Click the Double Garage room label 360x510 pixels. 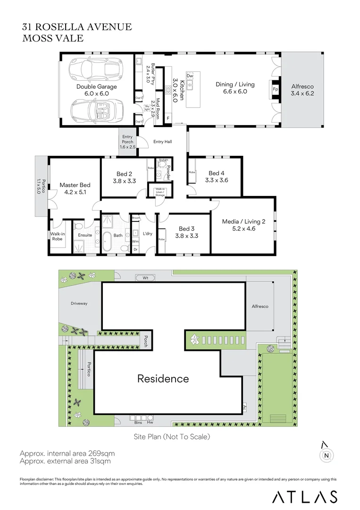tap(97, 87)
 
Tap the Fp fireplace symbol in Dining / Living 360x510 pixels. tap(275, 89)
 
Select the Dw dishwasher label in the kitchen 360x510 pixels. tap(190, 76)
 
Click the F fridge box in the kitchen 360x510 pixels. tap(168, 118)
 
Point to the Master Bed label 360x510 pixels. tap(75, 185)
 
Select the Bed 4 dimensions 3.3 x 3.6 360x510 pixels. tap(217, 180)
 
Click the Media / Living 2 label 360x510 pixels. tap(244, 221)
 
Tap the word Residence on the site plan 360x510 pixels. tap(163, 378)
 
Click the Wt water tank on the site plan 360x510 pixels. tap(146, 278)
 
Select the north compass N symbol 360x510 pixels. tap(326, 455)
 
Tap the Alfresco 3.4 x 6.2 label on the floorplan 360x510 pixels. tap(302, 90)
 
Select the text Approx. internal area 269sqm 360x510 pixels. tap(67, 453)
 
